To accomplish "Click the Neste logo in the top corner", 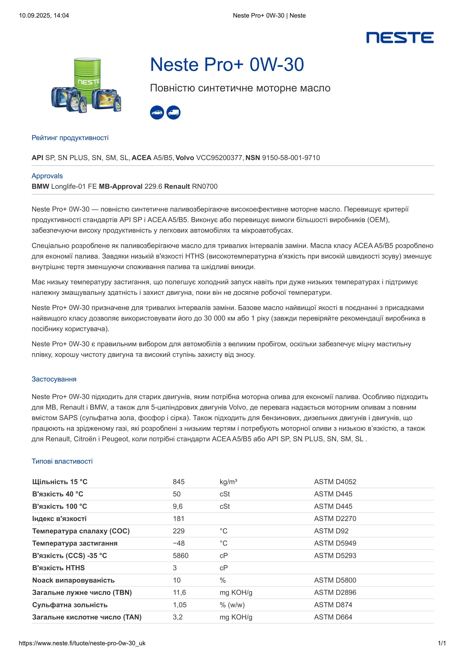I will click(400, 37).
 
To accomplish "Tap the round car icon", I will click(157, 112).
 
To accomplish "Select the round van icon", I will click(173, 112).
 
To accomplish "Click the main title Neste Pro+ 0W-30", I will click(227, 64).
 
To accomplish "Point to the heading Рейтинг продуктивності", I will click(70, 138).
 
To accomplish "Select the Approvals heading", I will click(47, 176).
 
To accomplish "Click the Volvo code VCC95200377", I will click(219, 158).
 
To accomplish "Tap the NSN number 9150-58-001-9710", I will click(291, 158).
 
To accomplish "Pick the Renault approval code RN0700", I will click(205, 187).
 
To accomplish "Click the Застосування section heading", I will click(54, 379).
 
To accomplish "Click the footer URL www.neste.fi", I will click(82, 643).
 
